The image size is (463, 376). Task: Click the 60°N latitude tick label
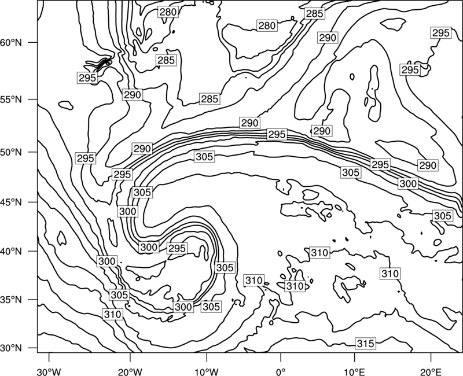11,43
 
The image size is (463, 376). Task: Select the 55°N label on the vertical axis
11,99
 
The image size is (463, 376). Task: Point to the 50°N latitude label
11,153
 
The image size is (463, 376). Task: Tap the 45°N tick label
11,202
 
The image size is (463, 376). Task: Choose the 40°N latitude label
11,252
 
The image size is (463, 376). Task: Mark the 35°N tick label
11,300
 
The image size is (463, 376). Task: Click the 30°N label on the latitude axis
11,348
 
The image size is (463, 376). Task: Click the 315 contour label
366,343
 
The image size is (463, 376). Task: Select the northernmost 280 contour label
168,12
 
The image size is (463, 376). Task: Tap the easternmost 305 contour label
442,216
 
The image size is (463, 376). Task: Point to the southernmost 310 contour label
113,314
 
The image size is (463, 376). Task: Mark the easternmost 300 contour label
408,184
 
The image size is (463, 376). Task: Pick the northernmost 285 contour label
314,13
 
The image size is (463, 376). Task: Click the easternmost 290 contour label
428,165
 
